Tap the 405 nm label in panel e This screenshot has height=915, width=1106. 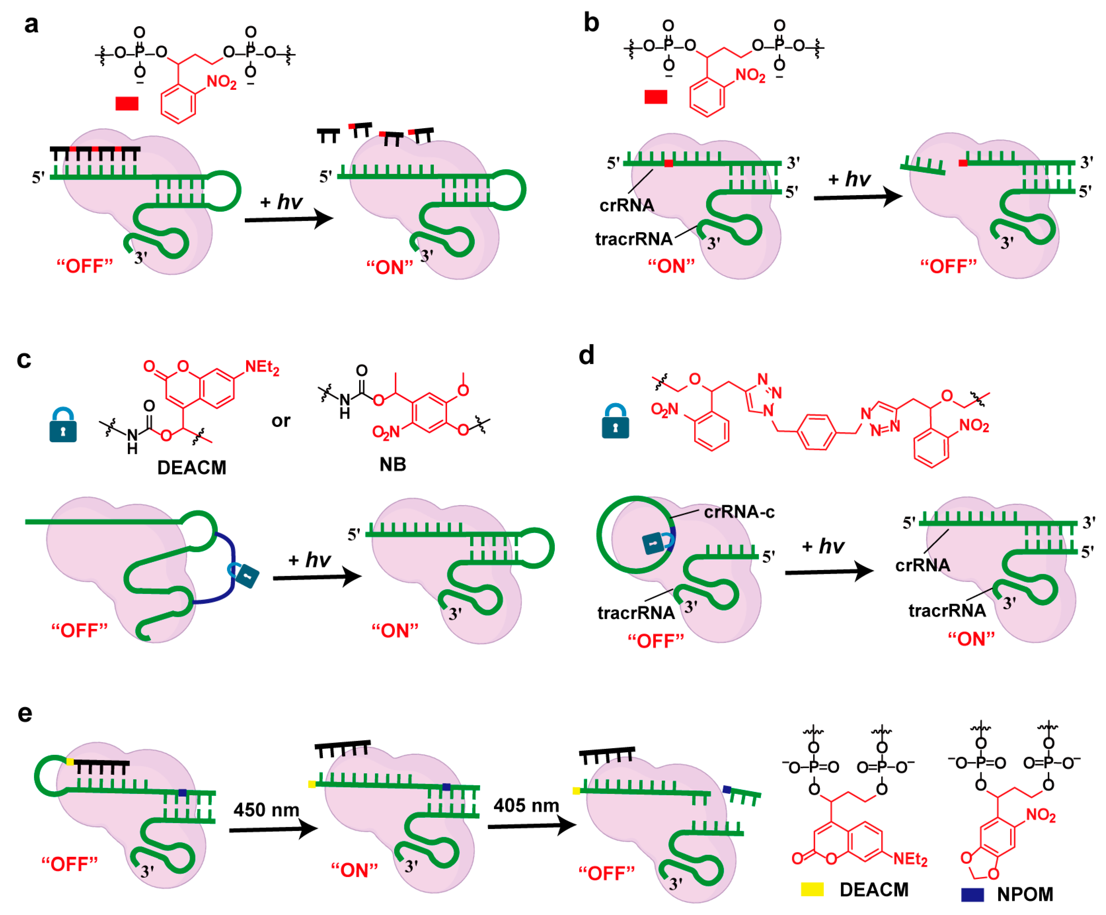tap(526, 805)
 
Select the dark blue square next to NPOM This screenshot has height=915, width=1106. tap(972, 894)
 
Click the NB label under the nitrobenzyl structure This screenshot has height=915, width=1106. tap(393, 464)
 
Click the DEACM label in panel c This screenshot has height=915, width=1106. tap(192, 467)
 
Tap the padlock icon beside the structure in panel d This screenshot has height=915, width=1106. tap(615, 422)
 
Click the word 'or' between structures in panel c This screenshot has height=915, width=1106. tap(281, 421)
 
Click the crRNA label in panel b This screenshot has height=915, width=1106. tap(627, 205)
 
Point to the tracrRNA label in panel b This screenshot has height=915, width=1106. tap(634, 239)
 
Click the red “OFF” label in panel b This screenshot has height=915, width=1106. tap(948, 266)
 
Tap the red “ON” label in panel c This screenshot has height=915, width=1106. tap(395, 630)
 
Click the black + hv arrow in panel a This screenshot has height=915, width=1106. tap(289, 218)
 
